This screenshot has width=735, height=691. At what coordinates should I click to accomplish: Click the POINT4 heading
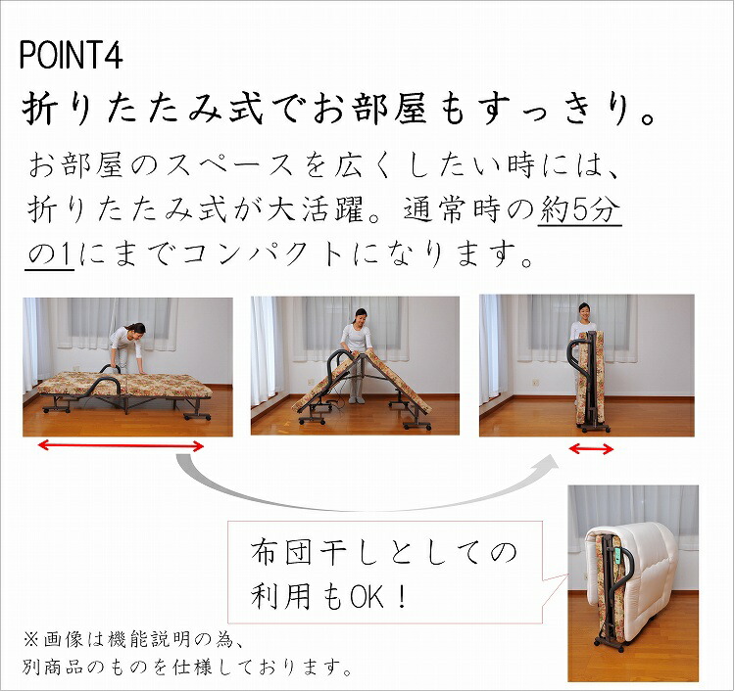point(71,55)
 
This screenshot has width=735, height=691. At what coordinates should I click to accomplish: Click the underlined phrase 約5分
point(580,211)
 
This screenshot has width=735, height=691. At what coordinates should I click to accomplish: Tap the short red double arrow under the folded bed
point(591,449)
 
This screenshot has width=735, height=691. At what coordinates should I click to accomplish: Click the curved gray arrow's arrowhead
point(545,462)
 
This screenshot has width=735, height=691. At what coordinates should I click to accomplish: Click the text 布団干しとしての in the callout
point(383,554)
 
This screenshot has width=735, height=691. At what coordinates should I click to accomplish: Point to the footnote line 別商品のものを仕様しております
point(187,668)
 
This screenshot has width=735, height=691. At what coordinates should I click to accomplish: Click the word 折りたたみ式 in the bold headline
point(122,110)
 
